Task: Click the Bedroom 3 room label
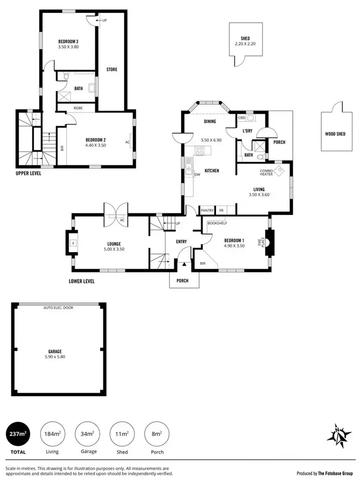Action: pos(68,41)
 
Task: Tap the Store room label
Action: pos(112,70)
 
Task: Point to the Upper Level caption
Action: pos(28,173)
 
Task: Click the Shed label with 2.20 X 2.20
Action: pos(245,39)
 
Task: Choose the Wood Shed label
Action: pos(335,134)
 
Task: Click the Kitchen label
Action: pos(212,170)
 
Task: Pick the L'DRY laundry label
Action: pos(248,131)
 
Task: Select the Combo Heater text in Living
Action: pos(266,172)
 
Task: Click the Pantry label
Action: pos(207,210)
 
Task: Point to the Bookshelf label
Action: pos(217,223)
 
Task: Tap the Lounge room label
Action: pos(114,243)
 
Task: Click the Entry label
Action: pos(181,241)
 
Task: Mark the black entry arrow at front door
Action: pos(184,264)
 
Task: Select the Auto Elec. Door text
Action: pos(58,307)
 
